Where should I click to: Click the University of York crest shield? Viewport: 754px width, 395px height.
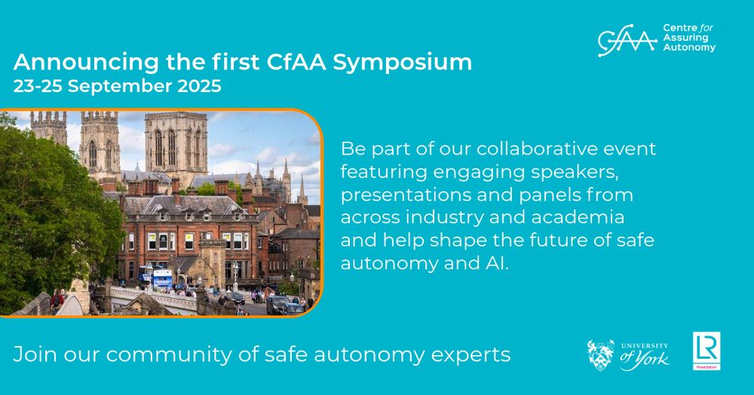pos(601,355)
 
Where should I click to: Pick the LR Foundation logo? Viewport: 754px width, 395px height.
pos(706,351)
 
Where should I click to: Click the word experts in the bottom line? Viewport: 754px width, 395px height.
pos(476,354)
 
